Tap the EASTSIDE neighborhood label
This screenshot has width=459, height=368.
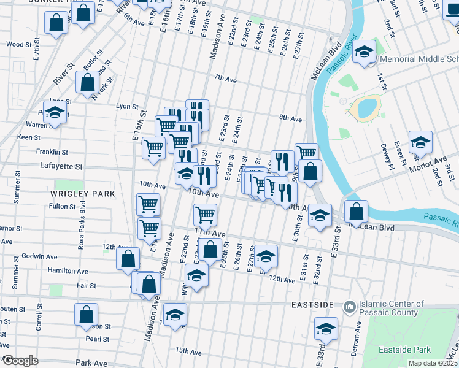312,305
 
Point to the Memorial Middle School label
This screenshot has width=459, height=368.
419,59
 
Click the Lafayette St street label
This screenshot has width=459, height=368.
62,166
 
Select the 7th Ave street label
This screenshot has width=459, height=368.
225,79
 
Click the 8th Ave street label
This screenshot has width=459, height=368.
290,118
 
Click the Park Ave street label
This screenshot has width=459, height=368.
91,363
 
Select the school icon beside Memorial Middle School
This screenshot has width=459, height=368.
364,52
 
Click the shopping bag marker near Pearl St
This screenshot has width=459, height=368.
87,315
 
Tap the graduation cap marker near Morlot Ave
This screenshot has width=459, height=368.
420,142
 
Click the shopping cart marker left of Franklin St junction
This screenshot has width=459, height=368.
153,147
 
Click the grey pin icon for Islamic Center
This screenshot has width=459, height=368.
349,305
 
